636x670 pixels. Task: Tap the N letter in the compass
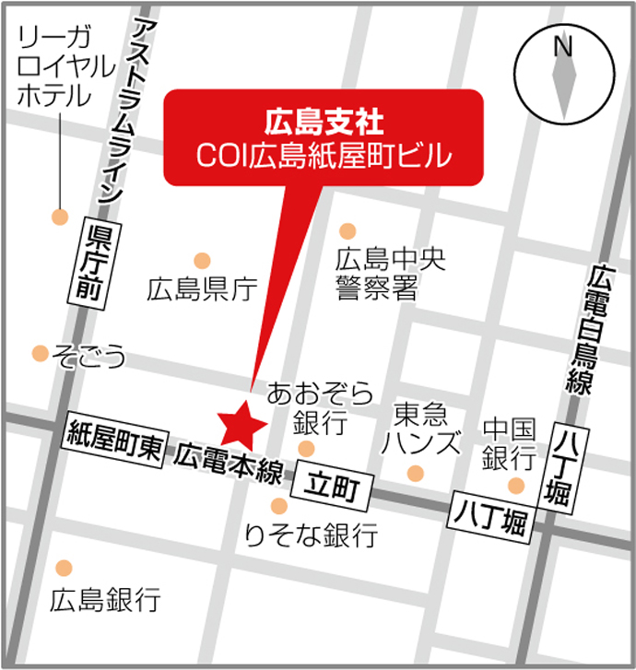[563, 46]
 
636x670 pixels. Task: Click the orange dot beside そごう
[40, 353]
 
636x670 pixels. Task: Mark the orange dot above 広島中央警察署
[347, 230]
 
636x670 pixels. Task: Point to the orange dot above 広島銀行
[64, 567]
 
